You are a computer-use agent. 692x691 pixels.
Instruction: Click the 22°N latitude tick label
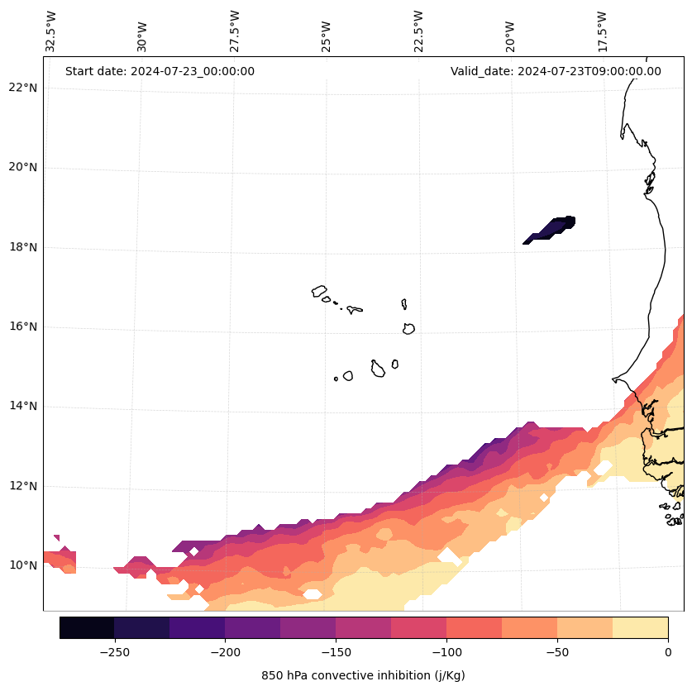click(x=23, y=88)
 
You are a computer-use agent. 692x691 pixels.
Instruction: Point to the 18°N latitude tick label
click(x=23, y=247)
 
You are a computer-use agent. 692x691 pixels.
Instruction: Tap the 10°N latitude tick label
click(x=23, y=565)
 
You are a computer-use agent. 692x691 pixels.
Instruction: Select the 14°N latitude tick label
click(x=23, y=406)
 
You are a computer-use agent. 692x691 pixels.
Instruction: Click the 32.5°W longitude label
click(x=51, y=31)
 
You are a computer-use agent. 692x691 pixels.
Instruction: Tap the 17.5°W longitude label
click(x=602, y=31)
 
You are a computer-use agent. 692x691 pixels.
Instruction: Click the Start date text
click(x=160, y=71)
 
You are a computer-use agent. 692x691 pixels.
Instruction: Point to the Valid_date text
click(x=556, y=71)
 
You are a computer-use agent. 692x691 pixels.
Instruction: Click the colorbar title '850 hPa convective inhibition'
click(x=363, y=675)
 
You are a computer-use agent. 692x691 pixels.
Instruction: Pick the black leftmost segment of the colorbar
click(x=87, y=627)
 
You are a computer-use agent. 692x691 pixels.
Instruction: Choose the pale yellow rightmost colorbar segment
click(x=640, y=627)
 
